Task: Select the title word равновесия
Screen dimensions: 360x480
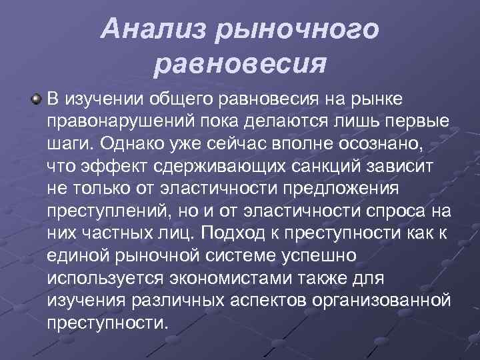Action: click(x=240, y=65)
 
